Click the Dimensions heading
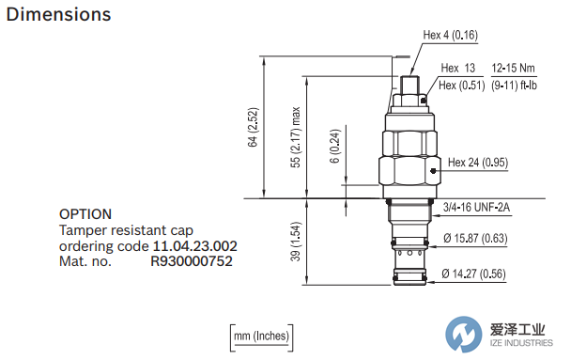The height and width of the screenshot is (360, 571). coord(58,15)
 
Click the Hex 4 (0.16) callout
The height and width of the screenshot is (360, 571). coord(451,36)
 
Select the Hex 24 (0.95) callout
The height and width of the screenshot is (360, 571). coord(477,163)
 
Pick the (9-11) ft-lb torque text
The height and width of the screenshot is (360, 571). coord(514,86)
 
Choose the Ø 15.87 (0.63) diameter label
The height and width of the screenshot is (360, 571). coord(475,239)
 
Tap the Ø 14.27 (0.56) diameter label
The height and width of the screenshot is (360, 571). coord(475,274)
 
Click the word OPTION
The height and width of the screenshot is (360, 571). coord(85,214)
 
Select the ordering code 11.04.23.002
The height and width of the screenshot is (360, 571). coord(194,246)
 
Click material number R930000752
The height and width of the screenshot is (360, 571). coord(192,262)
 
